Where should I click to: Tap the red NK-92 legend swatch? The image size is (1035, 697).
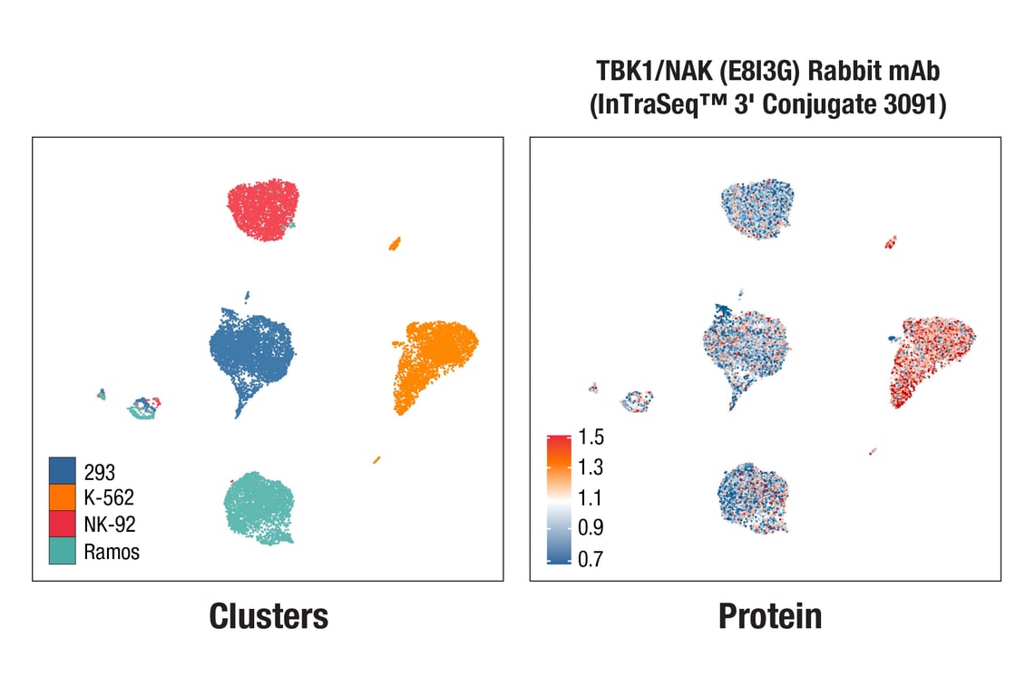(x=63, y=524)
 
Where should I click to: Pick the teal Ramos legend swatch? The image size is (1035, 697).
(x=63, y=551)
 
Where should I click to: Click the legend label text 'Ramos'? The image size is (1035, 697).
(x=112, y=552)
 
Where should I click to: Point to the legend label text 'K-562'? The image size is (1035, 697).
(x=109, y=497)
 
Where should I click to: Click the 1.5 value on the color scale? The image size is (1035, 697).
(x=590, y=438)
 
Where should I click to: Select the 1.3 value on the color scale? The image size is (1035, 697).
(x=590, y=468)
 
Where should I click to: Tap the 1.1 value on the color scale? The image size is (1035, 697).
(x=590, y=498)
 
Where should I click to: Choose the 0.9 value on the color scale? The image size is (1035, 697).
(x=590, y=528)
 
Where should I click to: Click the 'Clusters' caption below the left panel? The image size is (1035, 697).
(x=269, y=616)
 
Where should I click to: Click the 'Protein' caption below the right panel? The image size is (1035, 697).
(x=770, y=616)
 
